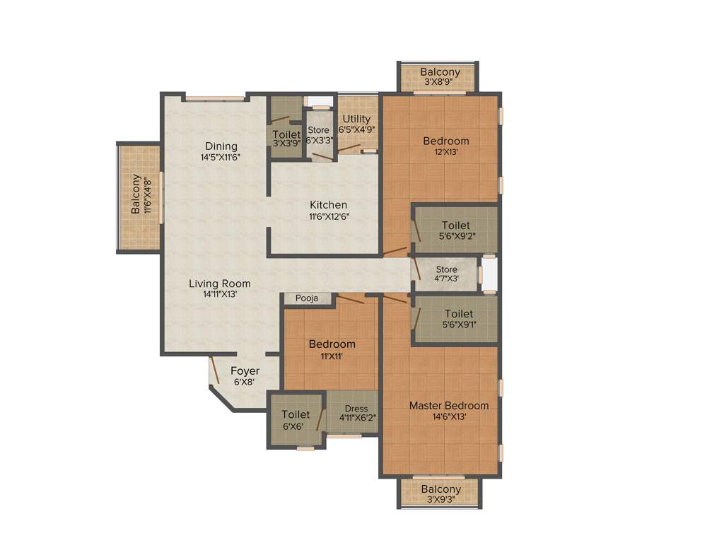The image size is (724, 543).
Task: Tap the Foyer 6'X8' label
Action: [245, 376]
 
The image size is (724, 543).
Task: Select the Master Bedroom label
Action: [448, 406]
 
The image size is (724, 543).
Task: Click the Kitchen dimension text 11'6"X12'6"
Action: [329, 216]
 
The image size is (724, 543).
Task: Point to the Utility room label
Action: [356, 119]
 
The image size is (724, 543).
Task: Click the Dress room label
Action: [356, 409]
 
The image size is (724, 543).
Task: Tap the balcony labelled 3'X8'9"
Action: [440, 76]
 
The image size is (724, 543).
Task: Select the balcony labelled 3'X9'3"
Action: [440, 494]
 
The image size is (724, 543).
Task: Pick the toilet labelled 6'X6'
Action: [296, 420]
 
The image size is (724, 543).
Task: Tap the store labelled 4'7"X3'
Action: [446, 274]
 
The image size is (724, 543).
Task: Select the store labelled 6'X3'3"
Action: [319, 135]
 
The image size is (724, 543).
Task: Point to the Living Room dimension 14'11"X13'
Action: [220, 294]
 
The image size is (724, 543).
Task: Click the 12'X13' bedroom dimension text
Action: [441, 151]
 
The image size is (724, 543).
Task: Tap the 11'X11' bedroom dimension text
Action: [332, 356]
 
